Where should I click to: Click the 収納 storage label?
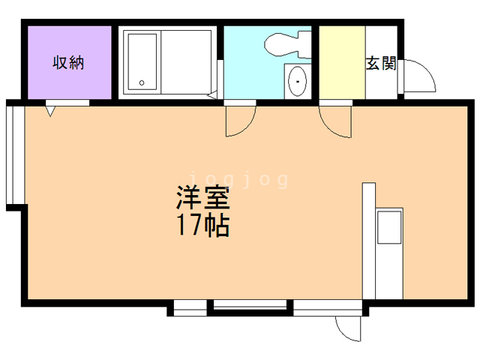[x=67, y=63]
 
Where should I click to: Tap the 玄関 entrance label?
[x=381, y=64]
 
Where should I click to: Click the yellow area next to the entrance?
[x=342, y=63]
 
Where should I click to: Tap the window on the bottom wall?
[x=250, y=306]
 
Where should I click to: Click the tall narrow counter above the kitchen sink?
[x=367, y=240]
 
